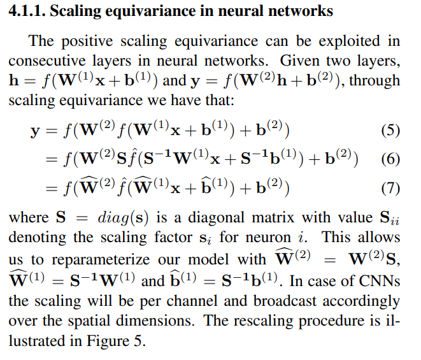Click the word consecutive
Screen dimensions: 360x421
47,62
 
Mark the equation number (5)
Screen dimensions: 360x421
390,131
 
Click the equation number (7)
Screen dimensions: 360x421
390,187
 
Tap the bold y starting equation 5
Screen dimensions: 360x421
35,132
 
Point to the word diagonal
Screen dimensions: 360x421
205,218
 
